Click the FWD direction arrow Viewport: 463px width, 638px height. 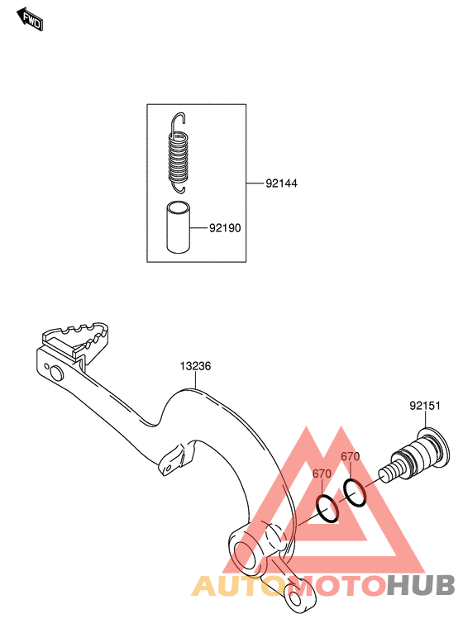point(29,19)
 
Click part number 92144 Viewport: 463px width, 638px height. point(281,183)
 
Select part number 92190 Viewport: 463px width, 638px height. point(225,228)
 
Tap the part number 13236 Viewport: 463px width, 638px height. point(195,366)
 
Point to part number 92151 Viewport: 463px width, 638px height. point(425,406)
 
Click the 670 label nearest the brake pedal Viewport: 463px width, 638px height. point(322,474)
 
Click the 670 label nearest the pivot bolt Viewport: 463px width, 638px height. point(351,457)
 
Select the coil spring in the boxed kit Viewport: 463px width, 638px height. point(179,154)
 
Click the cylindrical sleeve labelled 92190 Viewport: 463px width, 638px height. point(179,226)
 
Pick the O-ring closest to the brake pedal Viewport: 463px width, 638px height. point(327,508)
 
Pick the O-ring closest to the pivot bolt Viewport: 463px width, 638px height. point(355,493)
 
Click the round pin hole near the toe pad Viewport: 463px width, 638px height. point(56,373)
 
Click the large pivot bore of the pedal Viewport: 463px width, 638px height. point(246,557)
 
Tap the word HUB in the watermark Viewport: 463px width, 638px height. point(420,586)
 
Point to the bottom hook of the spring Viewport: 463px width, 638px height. point(179,187)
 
